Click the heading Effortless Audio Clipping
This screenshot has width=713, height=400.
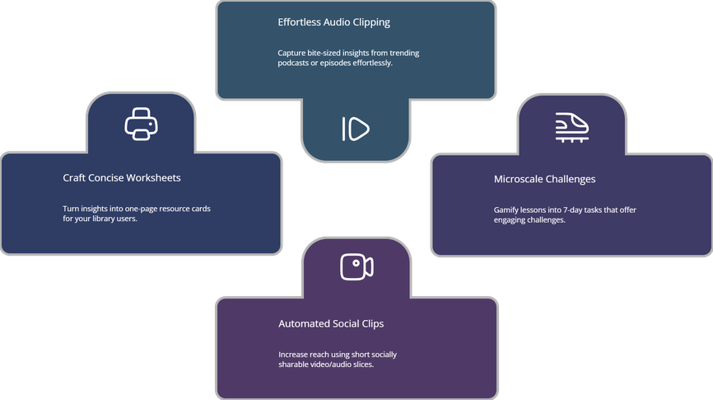click(x=333, y=22)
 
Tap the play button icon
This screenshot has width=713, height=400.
click(x=355, y=129)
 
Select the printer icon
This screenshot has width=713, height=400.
click(x=141, y=124)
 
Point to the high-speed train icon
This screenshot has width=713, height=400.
click(x=571, y=127)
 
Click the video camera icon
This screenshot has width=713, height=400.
click(x=356, y=266)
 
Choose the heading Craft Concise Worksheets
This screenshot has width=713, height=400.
click(x=122, y=177)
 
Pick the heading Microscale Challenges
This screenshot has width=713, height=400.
click(x=544, y=179)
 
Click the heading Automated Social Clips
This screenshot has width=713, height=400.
click(x=331, y=323)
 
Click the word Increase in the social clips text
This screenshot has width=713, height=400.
click(x=295, y=354)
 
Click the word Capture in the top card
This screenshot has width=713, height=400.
click(x=293, y=53)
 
